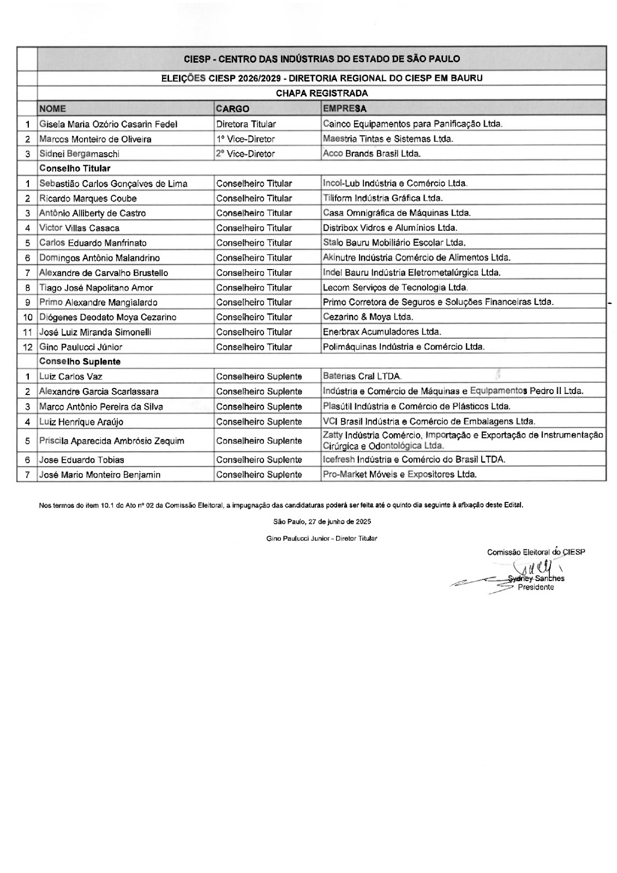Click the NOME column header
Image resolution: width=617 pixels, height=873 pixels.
(x=53, y=109)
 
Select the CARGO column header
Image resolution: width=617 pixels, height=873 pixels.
(x=232, y=109)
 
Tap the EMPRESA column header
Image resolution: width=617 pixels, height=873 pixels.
(x=345, y=109)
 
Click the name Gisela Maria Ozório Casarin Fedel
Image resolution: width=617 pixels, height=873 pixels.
(x=108, y=124)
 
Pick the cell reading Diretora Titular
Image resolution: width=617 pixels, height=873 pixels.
(x=246, y=124)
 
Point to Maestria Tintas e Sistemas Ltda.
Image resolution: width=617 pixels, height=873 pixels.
(x=388, y=139)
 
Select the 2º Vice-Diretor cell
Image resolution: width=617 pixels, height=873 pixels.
(x=245, y=154)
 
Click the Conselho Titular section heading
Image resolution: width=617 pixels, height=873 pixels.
(x=75, y=169)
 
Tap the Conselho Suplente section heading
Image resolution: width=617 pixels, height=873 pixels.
(x=80, y=362)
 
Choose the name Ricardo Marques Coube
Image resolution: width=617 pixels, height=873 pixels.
(x=88, y=199)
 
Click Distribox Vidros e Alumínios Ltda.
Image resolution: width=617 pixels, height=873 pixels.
(x=390, y=228)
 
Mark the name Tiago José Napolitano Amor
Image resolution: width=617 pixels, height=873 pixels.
(x=96, y=288)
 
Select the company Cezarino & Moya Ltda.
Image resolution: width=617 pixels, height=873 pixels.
(x=368, y=317)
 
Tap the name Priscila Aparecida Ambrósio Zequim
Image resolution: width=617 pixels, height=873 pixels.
(x=111, y=441)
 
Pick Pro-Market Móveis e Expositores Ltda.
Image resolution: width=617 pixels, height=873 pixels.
(x=400, y=475)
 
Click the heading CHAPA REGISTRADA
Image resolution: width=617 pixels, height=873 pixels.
(x=322, y=93)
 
